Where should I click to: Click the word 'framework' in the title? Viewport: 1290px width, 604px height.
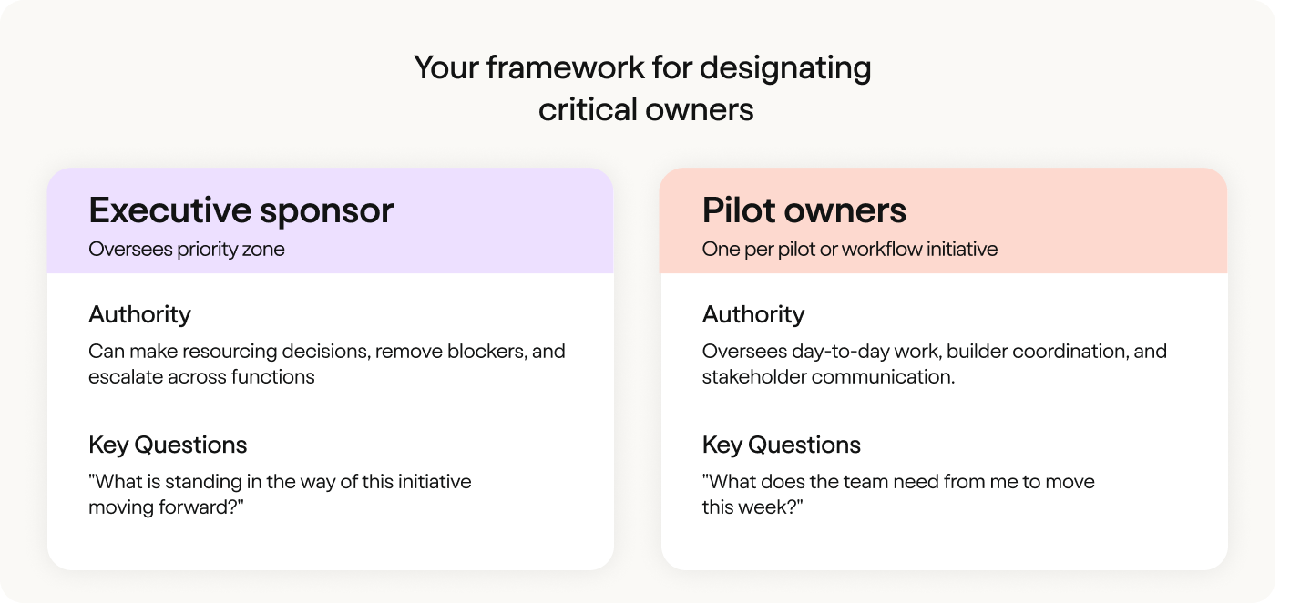pyautogui.click(x=566, y=67)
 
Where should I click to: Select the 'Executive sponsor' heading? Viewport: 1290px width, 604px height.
pyautogui.click(x=241, y=210)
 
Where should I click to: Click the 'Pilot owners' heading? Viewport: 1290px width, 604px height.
pyautogui.click(x=804, y=210)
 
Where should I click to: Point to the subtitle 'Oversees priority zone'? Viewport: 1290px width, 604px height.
pyautogui.click(x=187, y=250)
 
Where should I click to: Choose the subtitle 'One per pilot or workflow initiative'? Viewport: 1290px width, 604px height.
pyautogui.click(x=850, y=250)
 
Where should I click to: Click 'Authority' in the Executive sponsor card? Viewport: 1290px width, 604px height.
pyautogui.click(x=139, y=315)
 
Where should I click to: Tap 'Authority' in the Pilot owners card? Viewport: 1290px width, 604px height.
pyautogui.click(x=753, y=315)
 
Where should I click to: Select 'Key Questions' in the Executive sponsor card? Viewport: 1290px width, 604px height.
pyautogui.click(x=168, y=445)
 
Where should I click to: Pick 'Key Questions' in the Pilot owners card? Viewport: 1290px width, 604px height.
pyautogui.click(x=782, y=445)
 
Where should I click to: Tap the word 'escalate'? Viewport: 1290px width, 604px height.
pyautogui.click(x=126, y=377)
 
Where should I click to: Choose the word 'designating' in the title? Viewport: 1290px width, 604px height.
pyautogui.click(x=785, y=69)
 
